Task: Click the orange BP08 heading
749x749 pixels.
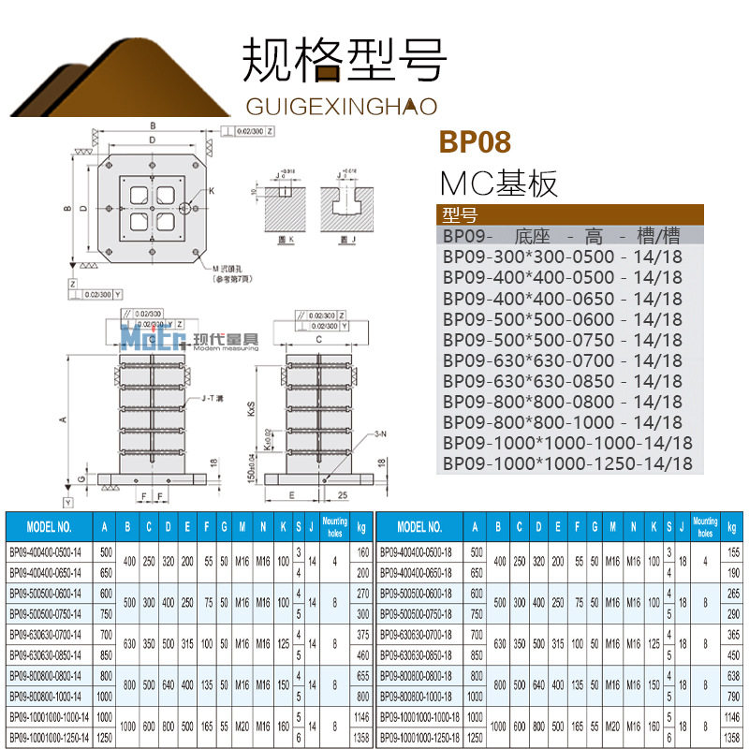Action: (475, 143)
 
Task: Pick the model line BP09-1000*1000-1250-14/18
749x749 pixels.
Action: (567, 463)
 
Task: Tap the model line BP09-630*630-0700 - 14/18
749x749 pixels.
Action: (563, 360)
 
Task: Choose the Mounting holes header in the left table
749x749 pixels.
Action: (334, 526)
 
